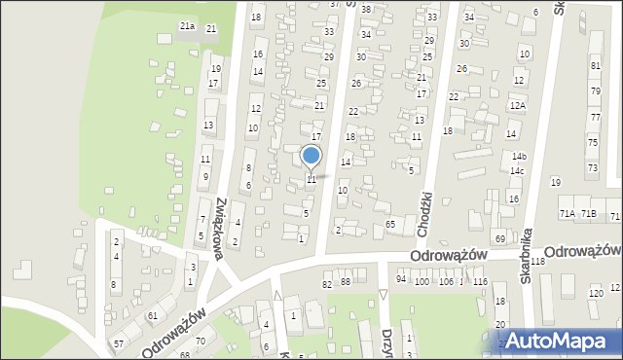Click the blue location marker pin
point(311,156)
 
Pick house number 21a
point(187,26)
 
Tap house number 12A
point(518,105)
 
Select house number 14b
point(519,157)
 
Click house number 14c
point(517,171)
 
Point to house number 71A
point(566,213)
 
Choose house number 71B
point(588,213)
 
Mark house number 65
point(389,225)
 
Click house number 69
point(500,238)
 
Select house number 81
point(595,65)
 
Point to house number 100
point(421,281)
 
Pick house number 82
point(327,283)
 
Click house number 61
point(153,317)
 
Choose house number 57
point(118,343)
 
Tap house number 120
point(596,293)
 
